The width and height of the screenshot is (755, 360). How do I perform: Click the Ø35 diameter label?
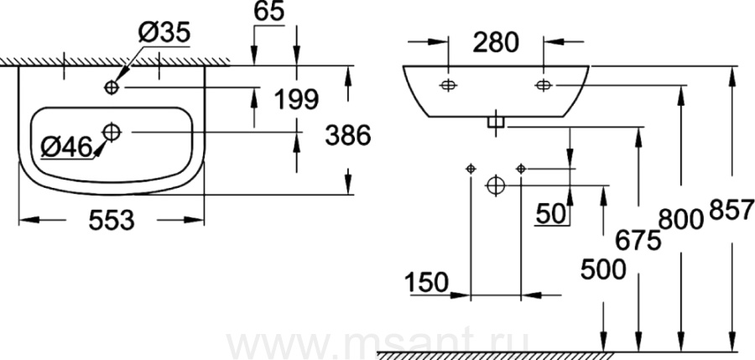[164, 34]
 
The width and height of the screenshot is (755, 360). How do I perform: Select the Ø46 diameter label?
[65, 148]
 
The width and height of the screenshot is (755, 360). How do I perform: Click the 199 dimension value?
[296, 99]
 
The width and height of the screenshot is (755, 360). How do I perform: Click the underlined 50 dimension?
[553, 214]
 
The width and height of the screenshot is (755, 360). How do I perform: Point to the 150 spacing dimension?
[429, 282]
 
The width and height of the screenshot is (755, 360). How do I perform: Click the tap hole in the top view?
[112, 87]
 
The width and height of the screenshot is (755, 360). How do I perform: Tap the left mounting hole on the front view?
[449, 85]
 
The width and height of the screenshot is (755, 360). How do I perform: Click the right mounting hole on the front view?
[544, 85]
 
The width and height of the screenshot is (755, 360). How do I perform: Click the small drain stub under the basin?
[496, 123]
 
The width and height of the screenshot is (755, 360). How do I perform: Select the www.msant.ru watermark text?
[377, 347]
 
